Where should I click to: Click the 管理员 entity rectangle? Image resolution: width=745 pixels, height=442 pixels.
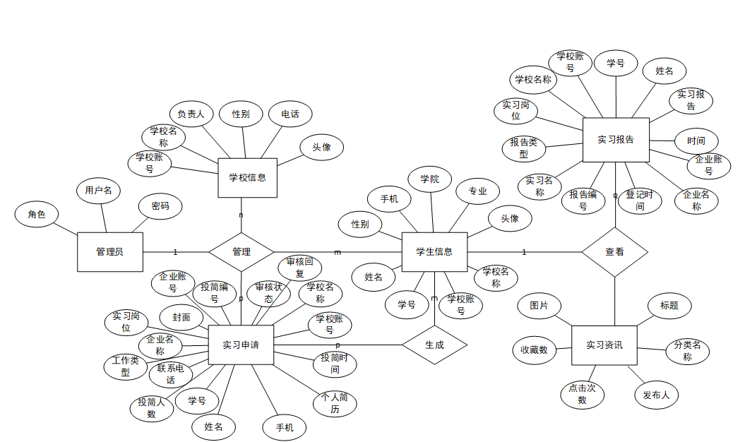pos(109,251)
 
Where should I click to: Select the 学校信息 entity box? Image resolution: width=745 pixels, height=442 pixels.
pos(247,177)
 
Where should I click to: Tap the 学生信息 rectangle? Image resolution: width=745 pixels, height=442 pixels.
pos(434,251)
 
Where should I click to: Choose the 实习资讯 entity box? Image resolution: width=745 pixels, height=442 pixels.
pos(604,345)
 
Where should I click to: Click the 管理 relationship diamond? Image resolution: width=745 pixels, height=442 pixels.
pos(241,251)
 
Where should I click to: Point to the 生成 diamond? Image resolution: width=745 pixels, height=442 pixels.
pos(434,345)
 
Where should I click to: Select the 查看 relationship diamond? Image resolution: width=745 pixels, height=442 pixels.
pos(614,251)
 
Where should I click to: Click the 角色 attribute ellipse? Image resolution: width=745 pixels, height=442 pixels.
pos(37,215)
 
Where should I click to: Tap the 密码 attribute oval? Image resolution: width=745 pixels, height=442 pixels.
pos(160,206)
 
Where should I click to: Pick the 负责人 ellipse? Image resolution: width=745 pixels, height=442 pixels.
pos(191,114)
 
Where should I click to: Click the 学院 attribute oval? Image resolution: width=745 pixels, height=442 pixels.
pos(429,179)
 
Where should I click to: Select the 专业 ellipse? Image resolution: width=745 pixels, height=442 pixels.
pos(477,191)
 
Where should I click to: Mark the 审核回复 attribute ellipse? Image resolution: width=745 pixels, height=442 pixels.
pos(299,268)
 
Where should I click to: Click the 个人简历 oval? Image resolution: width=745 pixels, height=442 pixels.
pos(334,402)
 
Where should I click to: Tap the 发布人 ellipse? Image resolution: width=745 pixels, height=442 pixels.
pos(656,395)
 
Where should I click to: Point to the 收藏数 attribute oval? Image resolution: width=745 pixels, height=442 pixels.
pos(534,350)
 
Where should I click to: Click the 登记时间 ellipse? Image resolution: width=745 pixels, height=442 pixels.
pos(639,201)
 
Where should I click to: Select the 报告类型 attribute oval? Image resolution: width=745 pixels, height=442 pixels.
pos(523,148)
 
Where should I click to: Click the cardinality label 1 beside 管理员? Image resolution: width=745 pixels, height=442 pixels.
pos(175,252)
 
